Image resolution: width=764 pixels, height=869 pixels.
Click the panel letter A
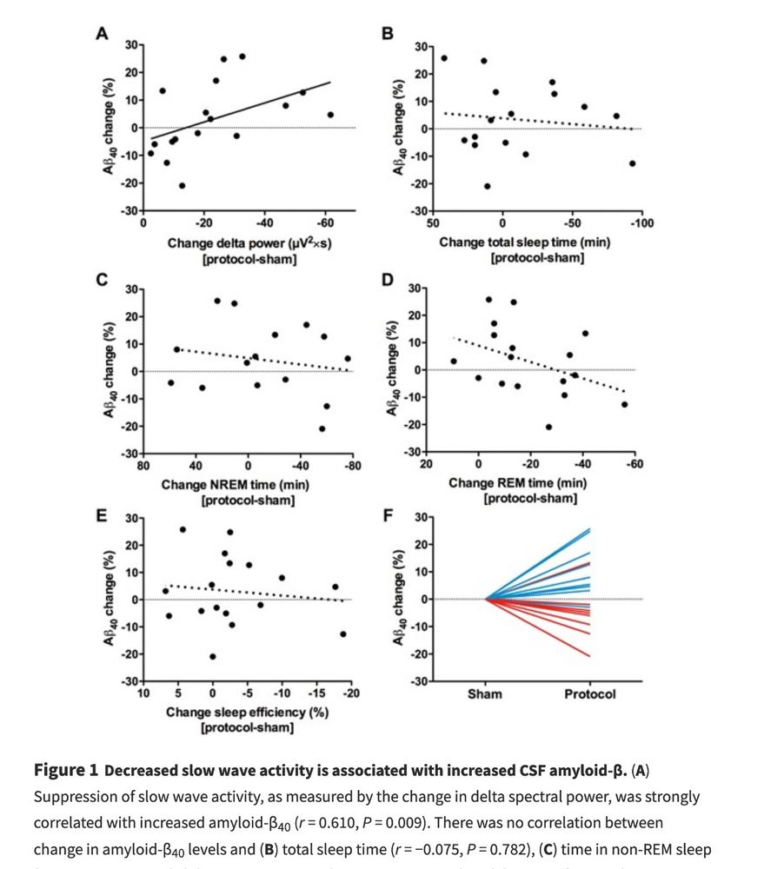(102, 34)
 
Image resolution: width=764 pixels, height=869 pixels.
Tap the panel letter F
(389, 516)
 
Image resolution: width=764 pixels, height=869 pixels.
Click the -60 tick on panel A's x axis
(326, 223)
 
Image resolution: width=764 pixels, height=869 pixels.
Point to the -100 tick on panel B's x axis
(642, 223)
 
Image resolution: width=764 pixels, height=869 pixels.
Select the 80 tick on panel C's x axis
(143, 467)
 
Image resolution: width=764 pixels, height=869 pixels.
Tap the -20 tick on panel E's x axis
(351, 693)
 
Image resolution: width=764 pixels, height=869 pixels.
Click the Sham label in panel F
(485, 694)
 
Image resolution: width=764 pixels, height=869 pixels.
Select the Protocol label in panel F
(589, 694)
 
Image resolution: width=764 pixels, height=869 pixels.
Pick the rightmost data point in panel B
(632, 163)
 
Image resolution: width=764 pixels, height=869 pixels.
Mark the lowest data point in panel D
(548, 427)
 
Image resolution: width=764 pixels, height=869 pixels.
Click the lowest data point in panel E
(212, 657)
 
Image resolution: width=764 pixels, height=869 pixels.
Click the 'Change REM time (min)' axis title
(529, 483)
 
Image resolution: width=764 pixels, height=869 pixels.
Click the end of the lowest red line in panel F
(589, 656)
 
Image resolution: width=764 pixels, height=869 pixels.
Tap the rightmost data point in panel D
(624, 404)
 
